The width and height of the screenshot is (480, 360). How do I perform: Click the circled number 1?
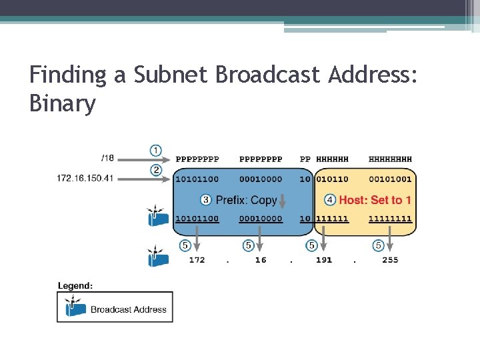coord(155,150)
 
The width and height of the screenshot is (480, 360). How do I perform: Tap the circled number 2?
coord(155,170)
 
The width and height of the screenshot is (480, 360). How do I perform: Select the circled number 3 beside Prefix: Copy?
coord(205,200)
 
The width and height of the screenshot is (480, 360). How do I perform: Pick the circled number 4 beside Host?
coord(329,200)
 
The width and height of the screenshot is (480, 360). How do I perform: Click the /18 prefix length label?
coord(107,158)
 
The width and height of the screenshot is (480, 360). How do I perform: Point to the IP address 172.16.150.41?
coord(85,179)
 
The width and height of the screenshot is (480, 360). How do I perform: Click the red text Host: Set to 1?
coord(375,200)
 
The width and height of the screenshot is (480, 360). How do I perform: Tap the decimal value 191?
coord(323,260)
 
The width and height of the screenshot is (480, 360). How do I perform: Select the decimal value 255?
coord(390,260)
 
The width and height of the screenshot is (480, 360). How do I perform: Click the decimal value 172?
coord(197,260)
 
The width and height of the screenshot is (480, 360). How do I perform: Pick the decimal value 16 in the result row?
coord(260,260)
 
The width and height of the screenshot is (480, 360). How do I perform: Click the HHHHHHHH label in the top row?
coord(390,159)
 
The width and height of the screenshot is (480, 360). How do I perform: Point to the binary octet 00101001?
coord(390,179)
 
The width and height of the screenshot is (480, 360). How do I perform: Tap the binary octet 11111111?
coord(390,219)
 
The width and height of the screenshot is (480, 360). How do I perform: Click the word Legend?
coord(75,285)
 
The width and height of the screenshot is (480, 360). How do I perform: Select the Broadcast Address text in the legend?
coord(129,309)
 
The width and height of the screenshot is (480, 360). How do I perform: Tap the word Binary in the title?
coord(63,103)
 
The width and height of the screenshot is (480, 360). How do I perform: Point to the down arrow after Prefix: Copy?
coord(283,200)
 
